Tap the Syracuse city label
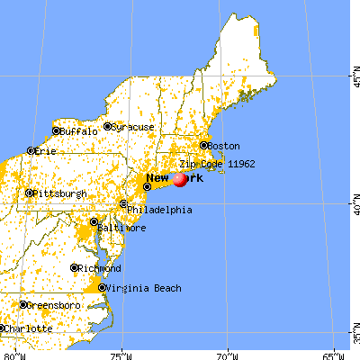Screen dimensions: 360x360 [133, 127]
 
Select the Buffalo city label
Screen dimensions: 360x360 [78, 131]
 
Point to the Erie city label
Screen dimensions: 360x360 [45, 151]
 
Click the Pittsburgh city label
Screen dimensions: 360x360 [60, 193]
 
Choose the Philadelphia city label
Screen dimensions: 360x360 [159, 211]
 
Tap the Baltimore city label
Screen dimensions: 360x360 [123, 228]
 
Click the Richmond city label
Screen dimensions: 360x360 [101, 268]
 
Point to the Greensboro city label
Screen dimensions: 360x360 [55, 305]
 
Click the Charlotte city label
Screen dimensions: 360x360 [31, 328]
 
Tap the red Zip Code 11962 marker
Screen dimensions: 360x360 [180, 179]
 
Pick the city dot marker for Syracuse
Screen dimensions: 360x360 [107, 127]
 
